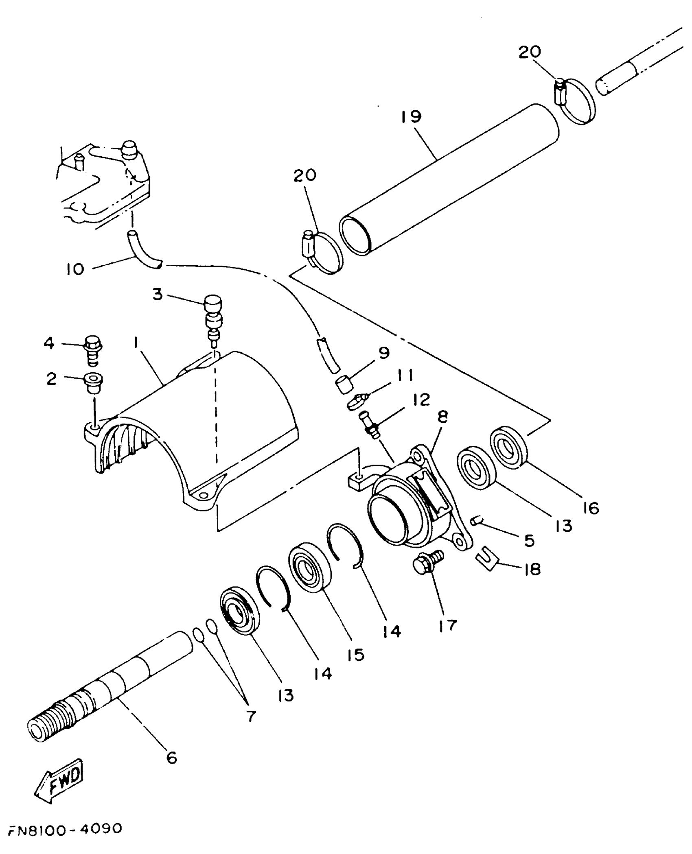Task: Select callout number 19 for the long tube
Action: (x=411, y=117)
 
